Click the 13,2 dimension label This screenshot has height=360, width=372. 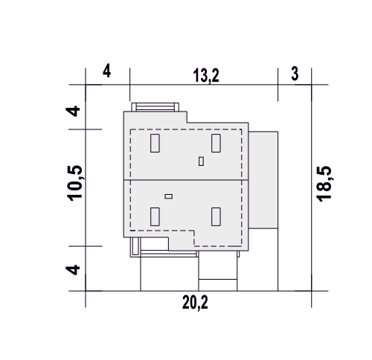206,76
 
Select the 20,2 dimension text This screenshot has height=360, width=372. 195,303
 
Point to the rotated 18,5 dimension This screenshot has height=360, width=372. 324,184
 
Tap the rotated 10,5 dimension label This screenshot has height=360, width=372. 74,183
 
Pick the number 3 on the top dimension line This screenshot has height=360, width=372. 295,74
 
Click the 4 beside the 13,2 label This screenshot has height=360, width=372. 106,71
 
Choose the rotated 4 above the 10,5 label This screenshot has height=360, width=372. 73,111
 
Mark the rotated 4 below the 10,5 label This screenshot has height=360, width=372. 73,270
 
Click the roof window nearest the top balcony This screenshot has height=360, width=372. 155,143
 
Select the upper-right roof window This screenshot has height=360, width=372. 216,143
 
